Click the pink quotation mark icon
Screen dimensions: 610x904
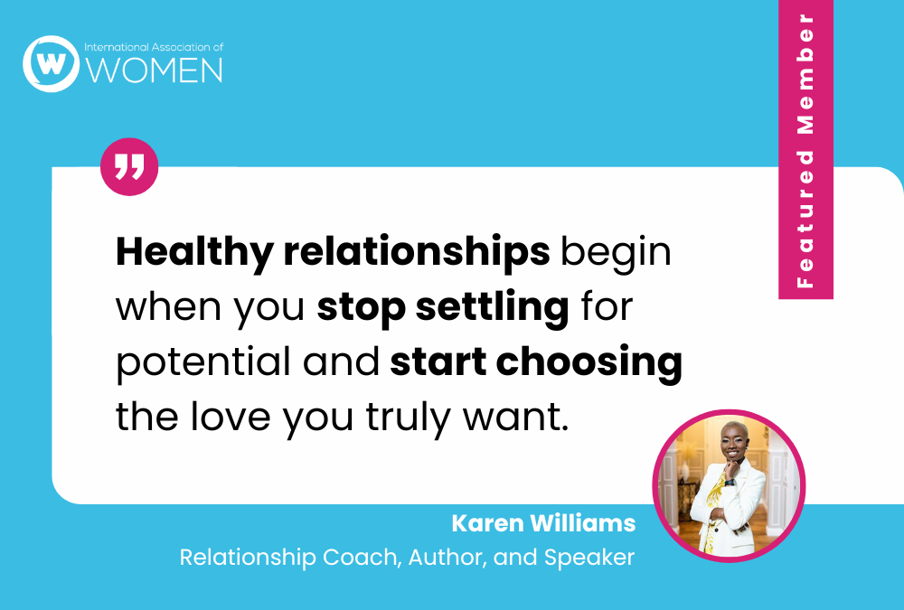[x=129, y=167]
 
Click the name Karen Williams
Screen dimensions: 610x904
[x=542, y=523]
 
